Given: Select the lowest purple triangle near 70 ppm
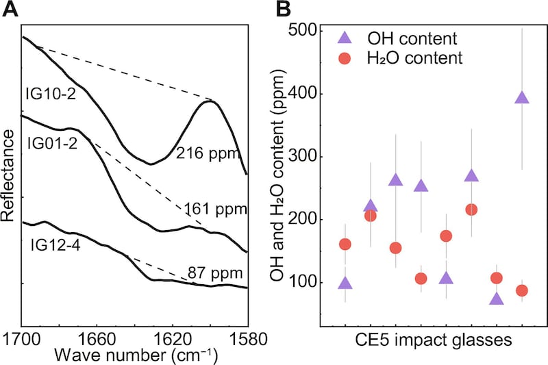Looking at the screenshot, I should (x=497, y=299).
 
